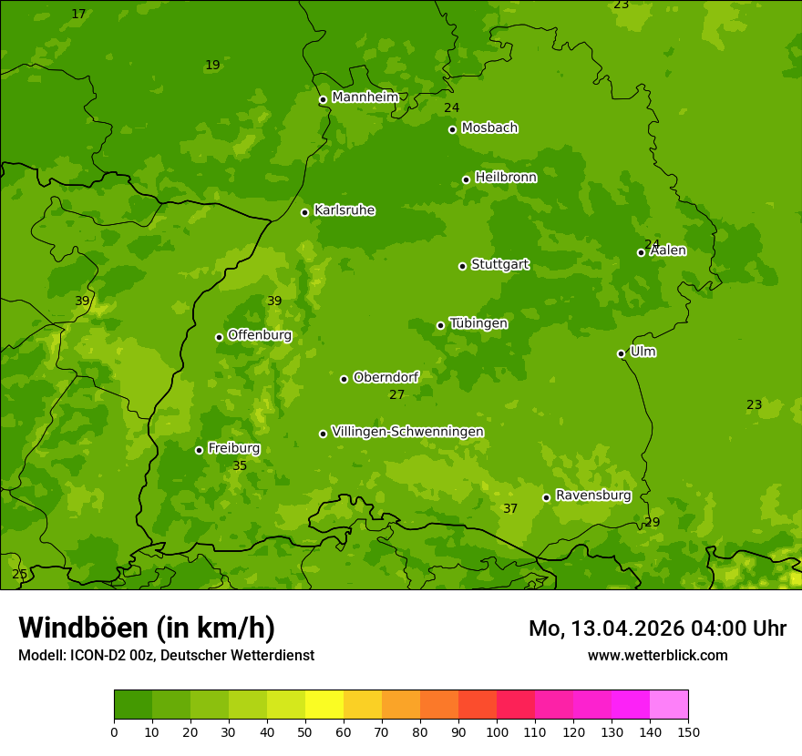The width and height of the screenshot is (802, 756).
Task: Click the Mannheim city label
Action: [365, 97]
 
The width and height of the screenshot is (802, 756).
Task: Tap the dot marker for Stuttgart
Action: [462, 266]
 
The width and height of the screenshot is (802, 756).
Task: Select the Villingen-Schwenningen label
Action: [407, 432]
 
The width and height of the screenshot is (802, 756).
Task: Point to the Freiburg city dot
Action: [199, 450]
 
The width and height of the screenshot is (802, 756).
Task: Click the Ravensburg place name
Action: [593, 495]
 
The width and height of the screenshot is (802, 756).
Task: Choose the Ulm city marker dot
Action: [621, 353]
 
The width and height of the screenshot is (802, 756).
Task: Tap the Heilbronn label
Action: [506, 178]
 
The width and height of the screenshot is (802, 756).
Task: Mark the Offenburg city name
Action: [260, 335]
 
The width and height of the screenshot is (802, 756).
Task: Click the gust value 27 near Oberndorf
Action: [396, 395]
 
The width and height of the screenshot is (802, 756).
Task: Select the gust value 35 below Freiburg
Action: [240, 465]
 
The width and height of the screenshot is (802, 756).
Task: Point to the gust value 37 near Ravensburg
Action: [510, 509]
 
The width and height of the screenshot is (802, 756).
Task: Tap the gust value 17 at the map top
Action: [78, 15]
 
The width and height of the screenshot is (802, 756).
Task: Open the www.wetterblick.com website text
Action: [657, 655]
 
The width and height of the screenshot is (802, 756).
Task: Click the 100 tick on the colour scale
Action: [497, 731]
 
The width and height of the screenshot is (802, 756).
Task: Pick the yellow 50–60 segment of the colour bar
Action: [324, 705]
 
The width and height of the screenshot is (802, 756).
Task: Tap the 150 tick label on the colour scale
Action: [687, 731]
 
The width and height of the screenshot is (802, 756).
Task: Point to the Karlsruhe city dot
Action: [304, 212]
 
